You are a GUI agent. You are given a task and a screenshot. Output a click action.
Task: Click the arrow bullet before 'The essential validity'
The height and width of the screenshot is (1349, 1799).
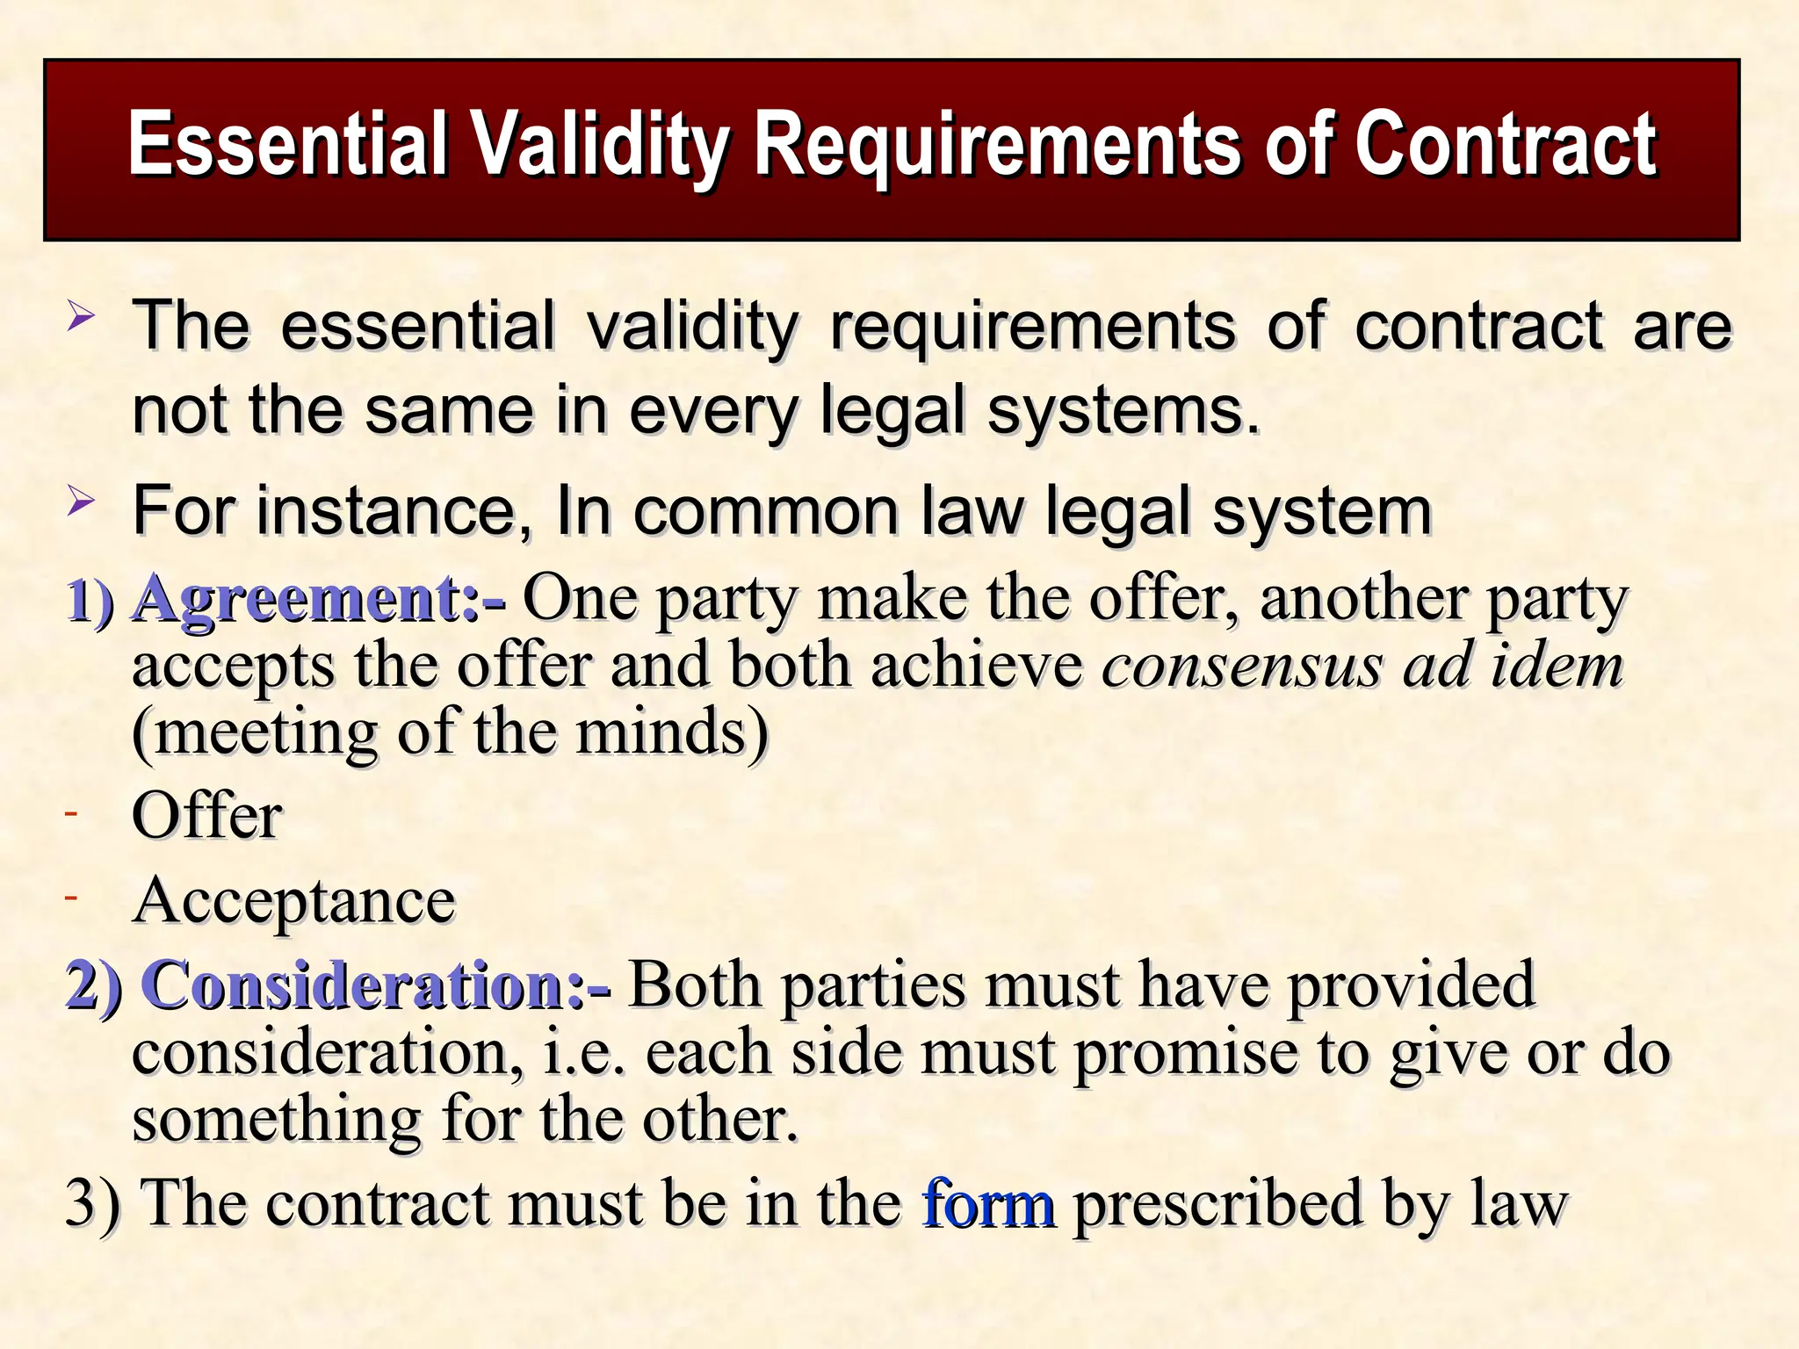click(x=80, y=316)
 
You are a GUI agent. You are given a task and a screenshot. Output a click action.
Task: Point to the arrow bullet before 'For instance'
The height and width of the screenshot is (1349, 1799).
click(x=80, y=502)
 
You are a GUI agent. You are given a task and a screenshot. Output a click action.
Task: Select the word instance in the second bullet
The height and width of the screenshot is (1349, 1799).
click(x=386, y=511)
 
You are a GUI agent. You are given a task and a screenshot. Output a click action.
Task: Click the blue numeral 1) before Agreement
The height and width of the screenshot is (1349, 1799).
click(x=90, y=602)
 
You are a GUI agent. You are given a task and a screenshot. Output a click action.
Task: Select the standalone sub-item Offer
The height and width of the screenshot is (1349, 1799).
click(x=207, y=816)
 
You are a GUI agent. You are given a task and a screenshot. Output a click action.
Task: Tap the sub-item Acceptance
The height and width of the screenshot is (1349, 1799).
click(x=293, y=901)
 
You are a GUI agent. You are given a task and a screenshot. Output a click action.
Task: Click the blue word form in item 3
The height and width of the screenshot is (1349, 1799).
click(x=987, y=1204)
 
